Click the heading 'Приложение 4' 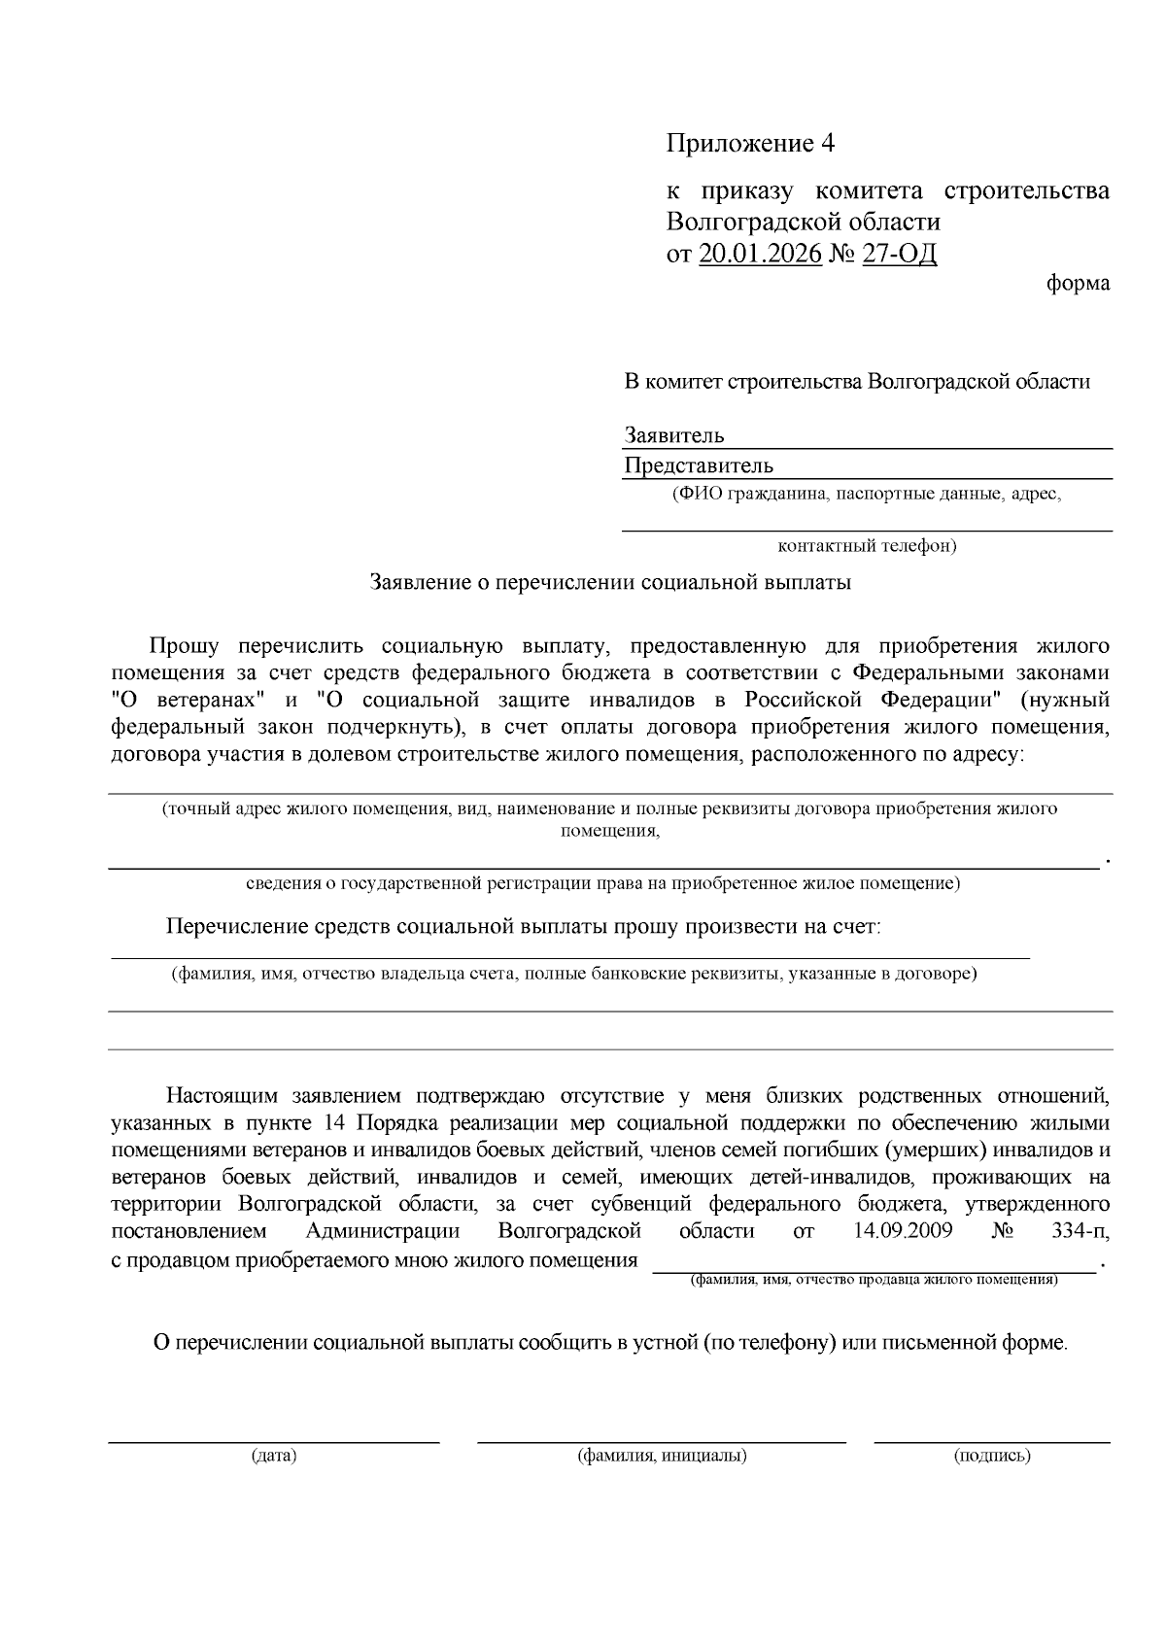(x=750, y=144)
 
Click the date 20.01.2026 (x=760, y=254)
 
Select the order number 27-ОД (x=899, y=254)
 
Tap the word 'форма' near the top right (x=1078, y=284)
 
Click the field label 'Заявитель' (x=674, y=435)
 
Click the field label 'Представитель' (x=699, y=465)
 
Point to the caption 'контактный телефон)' (x=868, y=545)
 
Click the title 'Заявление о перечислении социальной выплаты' (x=610, y=582)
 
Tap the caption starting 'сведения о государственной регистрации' (x=602, y=883)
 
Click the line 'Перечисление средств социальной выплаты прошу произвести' (x=524, y=926)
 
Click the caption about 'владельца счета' (x=573, y=973)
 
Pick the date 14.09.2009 (x=903, y=1231)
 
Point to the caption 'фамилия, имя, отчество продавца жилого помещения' (x=874, y=1280)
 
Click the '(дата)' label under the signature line (x=273, y=1455)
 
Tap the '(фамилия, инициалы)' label (x=662, y=1455)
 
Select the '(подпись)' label (x=992, y=1455)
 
